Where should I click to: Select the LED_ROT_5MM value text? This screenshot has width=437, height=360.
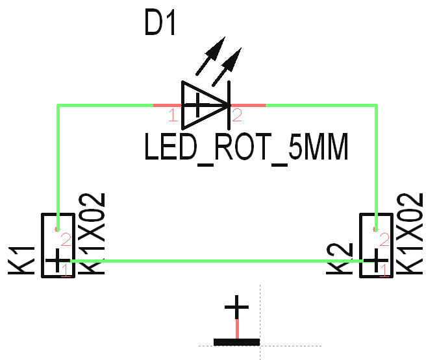coord(247,149)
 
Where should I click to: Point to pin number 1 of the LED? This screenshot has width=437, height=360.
coord(172,116)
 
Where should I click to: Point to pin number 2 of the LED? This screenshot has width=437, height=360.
coord(237,116)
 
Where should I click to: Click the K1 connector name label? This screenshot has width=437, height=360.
coord(22,259)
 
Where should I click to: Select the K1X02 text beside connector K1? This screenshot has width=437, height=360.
coord(94,234)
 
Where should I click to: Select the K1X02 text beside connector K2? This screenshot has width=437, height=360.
coord(413,234)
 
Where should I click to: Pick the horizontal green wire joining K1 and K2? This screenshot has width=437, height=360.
coord(214,261)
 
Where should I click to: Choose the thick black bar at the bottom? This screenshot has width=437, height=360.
coord(236,342)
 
